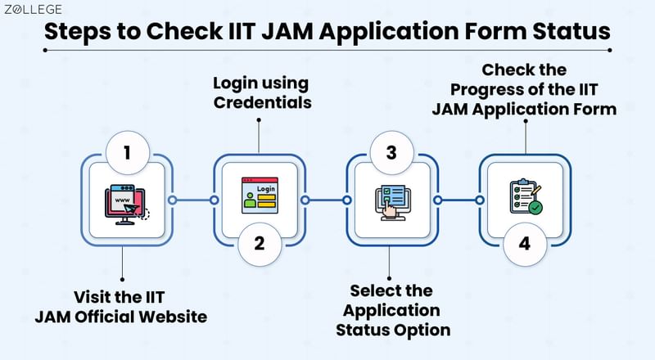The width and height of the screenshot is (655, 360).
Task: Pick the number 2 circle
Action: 260,243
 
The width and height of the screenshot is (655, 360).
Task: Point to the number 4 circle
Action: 525,243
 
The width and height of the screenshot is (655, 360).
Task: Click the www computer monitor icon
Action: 127,202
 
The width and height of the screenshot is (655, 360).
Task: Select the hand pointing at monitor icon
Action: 392,202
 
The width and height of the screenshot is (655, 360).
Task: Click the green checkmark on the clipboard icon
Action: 535,209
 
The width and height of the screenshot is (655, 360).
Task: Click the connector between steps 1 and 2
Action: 193,200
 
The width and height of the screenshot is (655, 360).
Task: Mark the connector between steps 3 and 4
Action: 458,200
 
